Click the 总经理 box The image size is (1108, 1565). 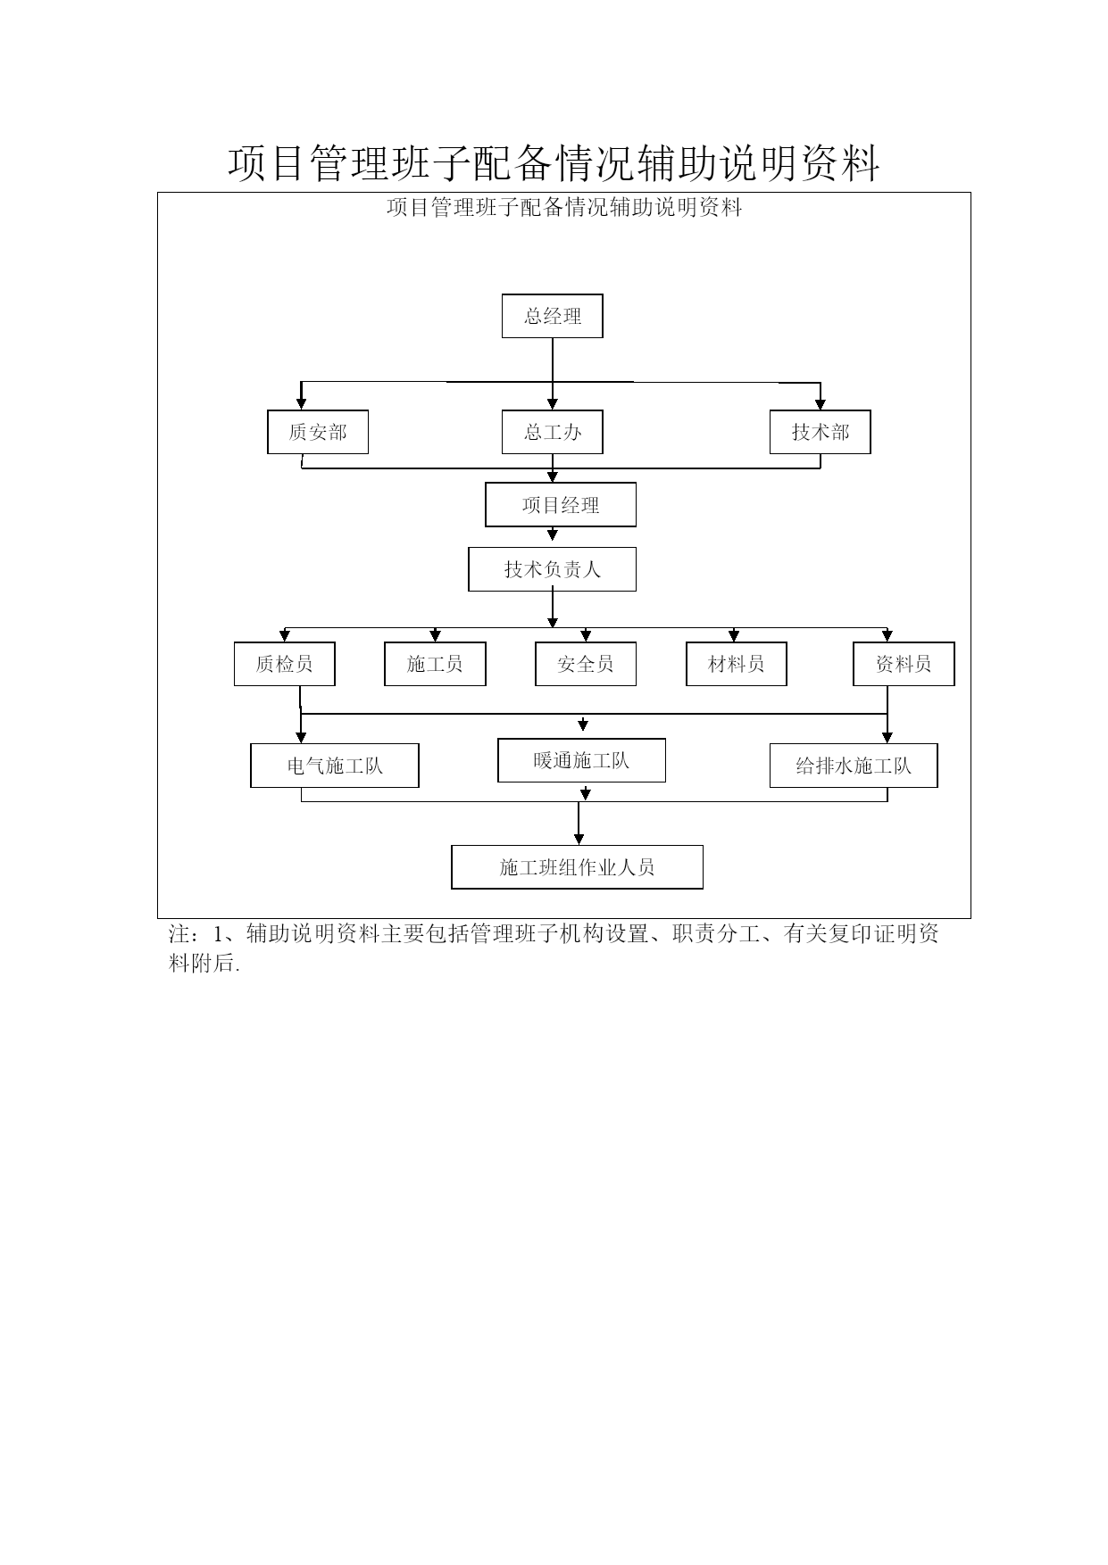point(552,316)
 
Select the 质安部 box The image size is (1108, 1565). point(318,432)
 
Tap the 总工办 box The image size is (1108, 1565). point(552,432)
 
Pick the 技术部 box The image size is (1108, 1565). point(821,432)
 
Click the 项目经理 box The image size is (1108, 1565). point(561,505)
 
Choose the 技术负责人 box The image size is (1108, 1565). point(552,569)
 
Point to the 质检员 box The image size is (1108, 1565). point(284,664)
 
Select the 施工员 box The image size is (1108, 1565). point(435,664)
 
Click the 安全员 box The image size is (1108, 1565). point(586,664)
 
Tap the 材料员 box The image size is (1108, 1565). point(737,664)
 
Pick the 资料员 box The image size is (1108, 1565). point(904,664)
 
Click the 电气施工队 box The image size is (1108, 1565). point(335,766)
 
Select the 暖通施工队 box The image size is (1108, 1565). point(581,760)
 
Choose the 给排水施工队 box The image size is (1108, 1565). point(854,766)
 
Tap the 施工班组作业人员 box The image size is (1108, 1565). point(577,867)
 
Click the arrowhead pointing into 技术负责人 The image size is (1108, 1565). point(553,535)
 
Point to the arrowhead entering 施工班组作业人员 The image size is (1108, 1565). point(579,840)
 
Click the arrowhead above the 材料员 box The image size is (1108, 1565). point(734,636)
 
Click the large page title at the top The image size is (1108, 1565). point(554,164)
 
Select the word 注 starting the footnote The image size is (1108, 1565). point(179,934)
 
